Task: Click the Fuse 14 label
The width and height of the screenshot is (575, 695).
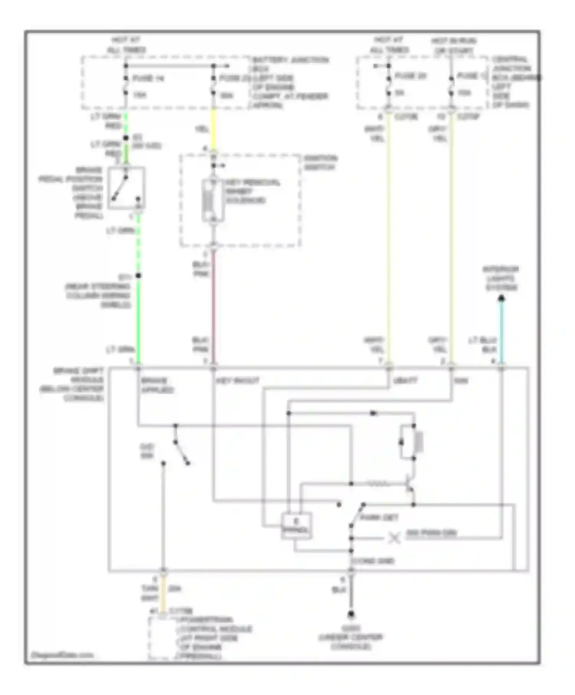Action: pos(148,79)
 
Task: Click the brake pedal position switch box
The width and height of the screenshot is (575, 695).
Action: pos(126,188)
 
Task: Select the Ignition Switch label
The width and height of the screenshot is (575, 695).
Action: pos(320,162)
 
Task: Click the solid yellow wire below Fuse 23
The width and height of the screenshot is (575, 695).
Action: pos(214,130)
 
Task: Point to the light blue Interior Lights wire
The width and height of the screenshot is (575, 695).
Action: pos(501,333)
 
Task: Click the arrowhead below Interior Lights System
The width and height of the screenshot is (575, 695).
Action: pos(501,298)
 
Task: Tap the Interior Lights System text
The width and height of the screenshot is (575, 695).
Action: pos(501,278)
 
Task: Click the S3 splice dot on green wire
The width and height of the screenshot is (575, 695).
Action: pos(126,138)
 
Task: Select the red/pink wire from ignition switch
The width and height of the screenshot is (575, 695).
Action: pos(214,307)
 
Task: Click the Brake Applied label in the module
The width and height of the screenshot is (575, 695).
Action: pos(157,385)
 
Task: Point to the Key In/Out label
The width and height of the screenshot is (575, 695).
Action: pos(238,381)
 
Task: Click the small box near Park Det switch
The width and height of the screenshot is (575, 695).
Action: pos(296,525)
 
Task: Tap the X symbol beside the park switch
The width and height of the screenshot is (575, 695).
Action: pos(394,538)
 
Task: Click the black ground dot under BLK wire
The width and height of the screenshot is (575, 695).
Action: pos(350,614)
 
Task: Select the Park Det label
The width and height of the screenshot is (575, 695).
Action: pos(379,518)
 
